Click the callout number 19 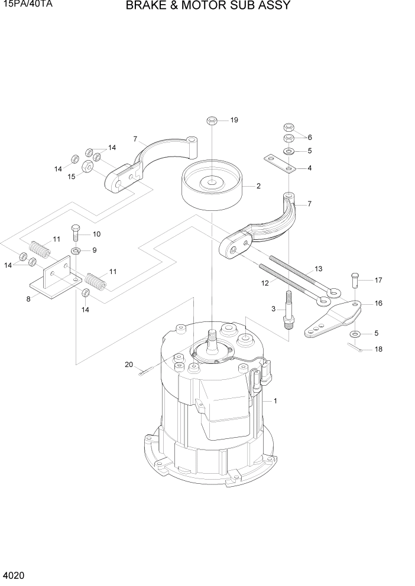click(234, 121)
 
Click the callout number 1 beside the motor click(275, 401)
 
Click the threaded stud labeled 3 click(290, 311)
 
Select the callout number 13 click(318, 269)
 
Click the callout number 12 click(265, 283)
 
